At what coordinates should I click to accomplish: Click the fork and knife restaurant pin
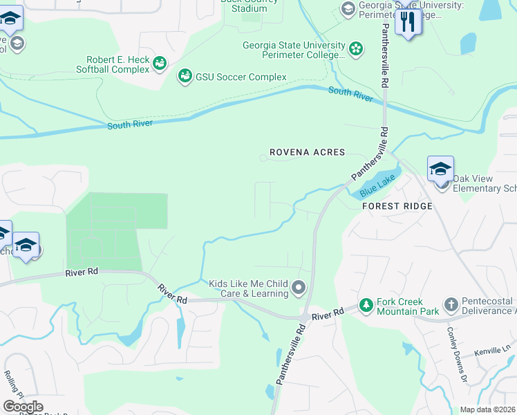408,22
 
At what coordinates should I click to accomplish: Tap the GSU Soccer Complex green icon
185,76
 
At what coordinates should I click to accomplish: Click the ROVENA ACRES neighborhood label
306,153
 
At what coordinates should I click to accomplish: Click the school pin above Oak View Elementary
440,169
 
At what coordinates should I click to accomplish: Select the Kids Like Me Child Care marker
299,286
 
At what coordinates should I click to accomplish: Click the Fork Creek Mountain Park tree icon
366,305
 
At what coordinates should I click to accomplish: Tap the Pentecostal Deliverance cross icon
451,305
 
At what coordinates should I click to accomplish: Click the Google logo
23,407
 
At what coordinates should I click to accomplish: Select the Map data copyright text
487,409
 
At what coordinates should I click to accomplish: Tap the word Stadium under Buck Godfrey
249,8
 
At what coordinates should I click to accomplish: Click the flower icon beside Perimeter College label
355,48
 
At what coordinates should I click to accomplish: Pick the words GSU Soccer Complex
241,77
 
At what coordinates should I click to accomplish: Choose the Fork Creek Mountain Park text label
409,307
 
